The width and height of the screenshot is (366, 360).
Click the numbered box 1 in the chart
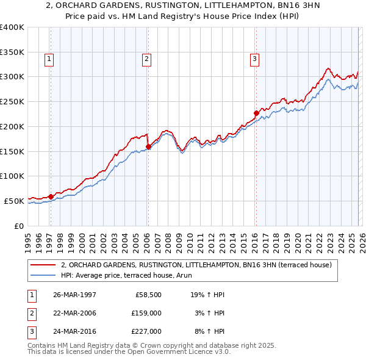pos(49,59)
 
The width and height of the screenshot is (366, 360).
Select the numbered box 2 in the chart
pos(147,59)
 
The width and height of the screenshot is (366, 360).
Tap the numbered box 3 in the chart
pos(254,59)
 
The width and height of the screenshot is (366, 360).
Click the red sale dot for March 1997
pos(51,196)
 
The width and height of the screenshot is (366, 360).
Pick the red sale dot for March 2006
pos(148,146)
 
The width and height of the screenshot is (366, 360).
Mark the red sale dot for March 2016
pos(256,112)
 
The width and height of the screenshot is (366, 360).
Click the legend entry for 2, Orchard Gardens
pos(196,265)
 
